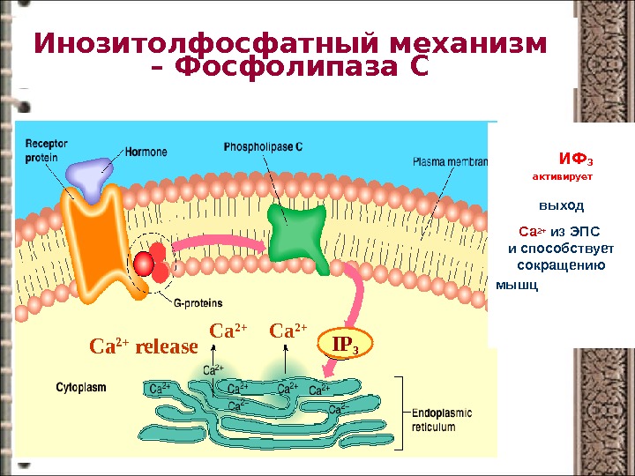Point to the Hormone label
pyautogui.click(x=146, y=152)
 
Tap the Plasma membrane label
pyautogui.click(x=450, y=161)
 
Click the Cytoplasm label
pyautogui.click(x=82, y=387)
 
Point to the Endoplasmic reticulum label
pyautogui.click(x=442, y=420)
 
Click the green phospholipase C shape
pyautogui.click(x=298, y=233)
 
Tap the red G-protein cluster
pyautogui.click(x=151, y=261)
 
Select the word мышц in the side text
pyautogui.click(x=518, y=285)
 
